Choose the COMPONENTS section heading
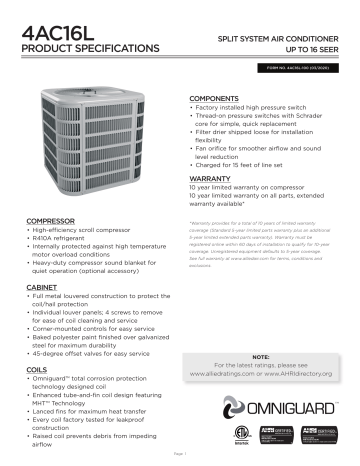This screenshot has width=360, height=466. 217,98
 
